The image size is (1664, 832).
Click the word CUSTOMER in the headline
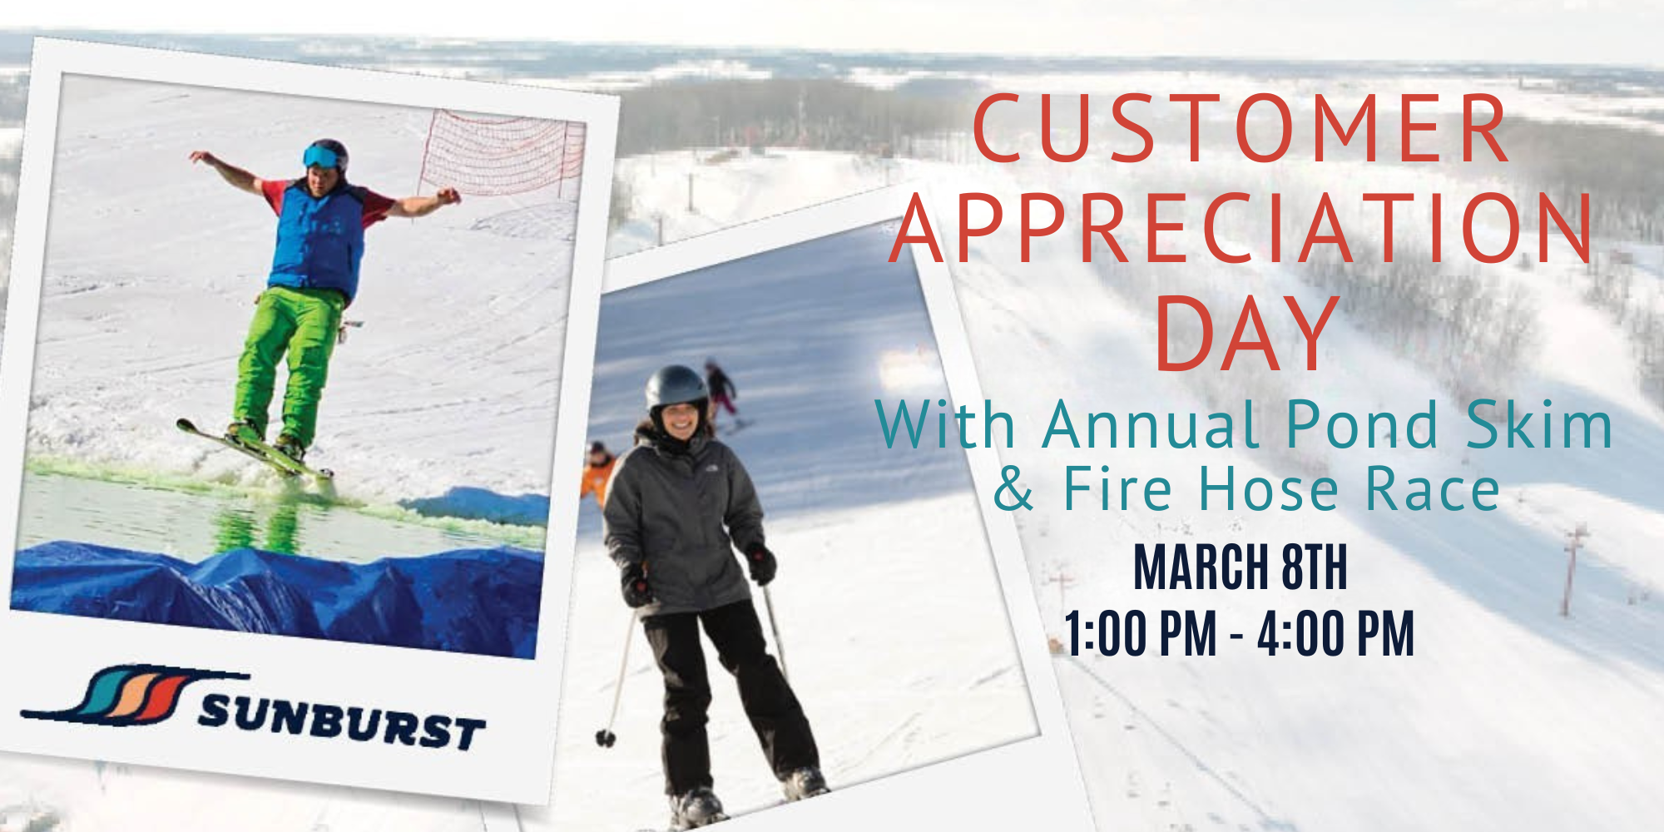click(1240, 129)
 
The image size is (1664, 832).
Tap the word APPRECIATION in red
click(1241, 229)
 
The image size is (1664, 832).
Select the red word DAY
click(1246, 333)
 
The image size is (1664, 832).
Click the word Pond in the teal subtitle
click(1362, 424)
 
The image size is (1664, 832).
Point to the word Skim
click(1539, 424)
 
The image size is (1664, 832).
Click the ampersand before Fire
click(1013, 488)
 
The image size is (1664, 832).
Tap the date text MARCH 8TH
click(1240, 567)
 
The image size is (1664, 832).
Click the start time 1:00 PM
click(1141, 634)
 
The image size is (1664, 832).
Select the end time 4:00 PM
click(1336, 634)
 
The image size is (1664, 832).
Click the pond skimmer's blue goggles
click(321, 156)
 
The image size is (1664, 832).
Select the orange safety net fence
click(503, 155)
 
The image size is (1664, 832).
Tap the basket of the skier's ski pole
click(606, 737)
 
